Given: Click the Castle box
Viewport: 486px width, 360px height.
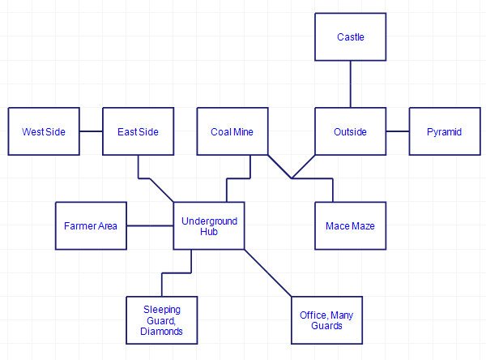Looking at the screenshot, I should click(x=350, y=36).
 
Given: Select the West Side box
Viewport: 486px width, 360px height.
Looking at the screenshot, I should click(x=44, y=131).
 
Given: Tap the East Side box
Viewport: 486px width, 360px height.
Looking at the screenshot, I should click(x=138, y=131).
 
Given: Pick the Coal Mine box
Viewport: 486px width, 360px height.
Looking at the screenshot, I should click(x=232, y=131).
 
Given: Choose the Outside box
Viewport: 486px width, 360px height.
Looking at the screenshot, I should click(x=350, y=131).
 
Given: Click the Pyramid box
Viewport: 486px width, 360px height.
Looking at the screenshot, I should click(x=444, y=131).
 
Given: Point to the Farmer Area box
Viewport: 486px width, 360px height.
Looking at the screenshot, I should click(x=91, y=225).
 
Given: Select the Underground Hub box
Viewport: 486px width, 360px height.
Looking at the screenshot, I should click(x=209, y=225).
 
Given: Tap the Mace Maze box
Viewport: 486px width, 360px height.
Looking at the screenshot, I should click(x=350, y=225).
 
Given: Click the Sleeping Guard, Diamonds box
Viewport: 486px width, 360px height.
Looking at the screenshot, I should click(x=162, y=320).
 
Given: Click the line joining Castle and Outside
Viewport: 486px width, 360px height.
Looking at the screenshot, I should click(x=350, y=84).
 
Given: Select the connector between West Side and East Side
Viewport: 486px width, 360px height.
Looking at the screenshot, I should click(x=91, y=131).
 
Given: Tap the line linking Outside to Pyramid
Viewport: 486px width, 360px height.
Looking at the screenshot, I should click(x=397, y=131).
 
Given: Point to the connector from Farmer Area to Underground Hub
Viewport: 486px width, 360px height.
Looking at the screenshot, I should click(x=150, y=225).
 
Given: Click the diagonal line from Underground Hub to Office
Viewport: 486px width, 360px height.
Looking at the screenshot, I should click(x=267, y=272).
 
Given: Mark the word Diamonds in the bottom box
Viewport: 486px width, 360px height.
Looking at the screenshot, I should click(x=162, y=331).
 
